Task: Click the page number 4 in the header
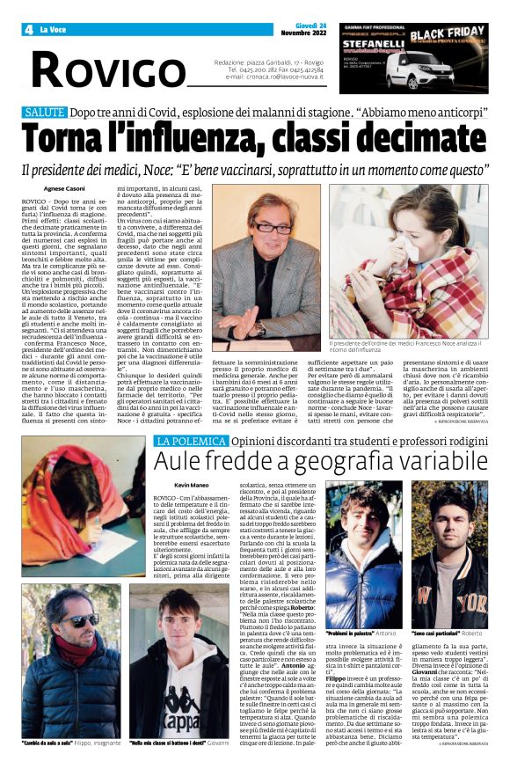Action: (28, 29)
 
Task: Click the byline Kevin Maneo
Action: (191, 485)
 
